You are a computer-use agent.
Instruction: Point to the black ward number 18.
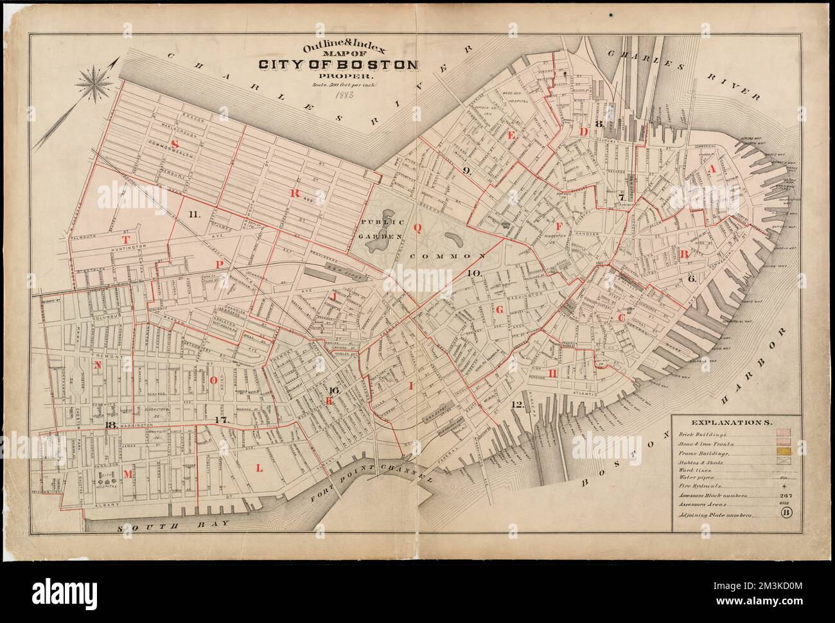pyautogui.click(x=110, y=425)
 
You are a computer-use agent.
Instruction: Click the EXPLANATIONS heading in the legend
pyautogui.click(x=732, y=423)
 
